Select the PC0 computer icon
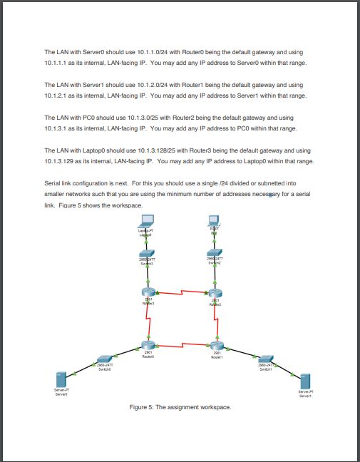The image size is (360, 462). [212, 221]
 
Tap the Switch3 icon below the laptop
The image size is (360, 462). [147, 254]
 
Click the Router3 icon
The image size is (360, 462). [148, 292]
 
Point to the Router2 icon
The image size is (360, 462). [215, 292]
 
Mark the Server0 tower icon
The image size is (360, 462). [61, 379]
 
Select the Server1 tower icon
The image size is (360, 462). [305, 380]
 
